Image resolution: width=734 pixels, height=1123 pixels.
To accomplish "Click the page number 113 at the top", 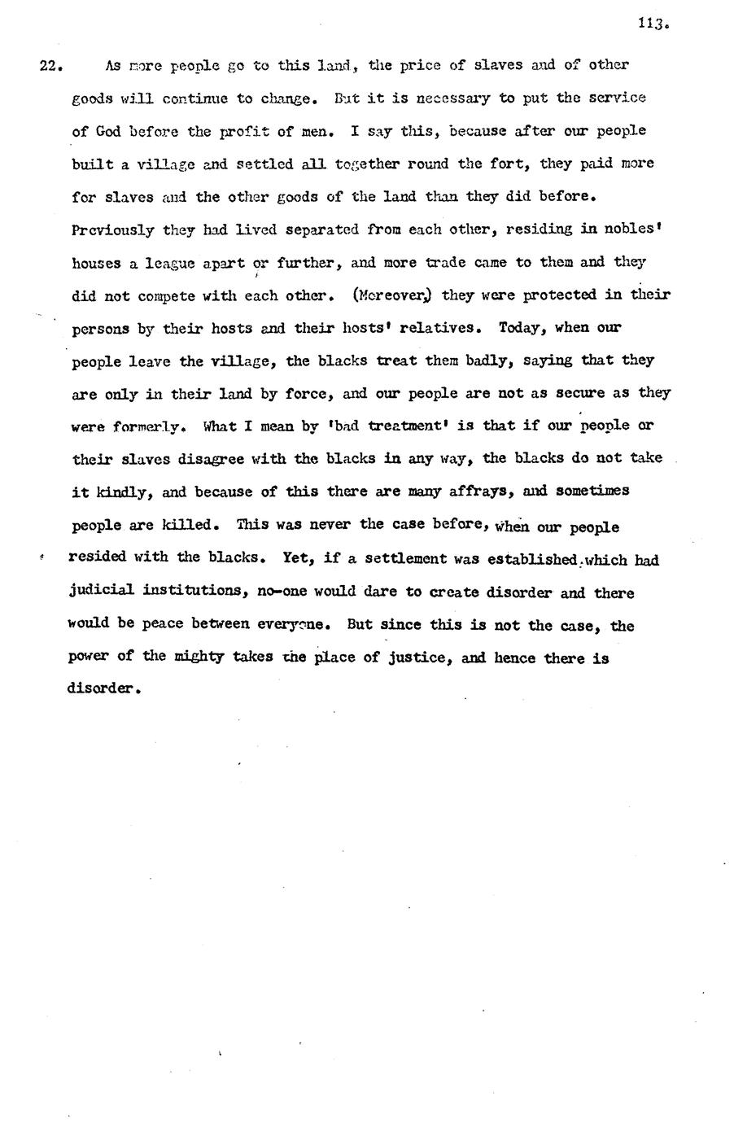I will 652,24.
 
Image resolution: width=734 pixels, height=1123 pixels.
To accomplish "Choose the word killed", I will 190,525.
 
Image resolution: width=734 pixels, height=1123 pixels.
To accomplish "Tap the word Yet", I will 296,558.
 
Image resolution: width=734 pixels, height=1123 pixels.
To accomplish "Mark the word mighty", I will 198,657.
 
